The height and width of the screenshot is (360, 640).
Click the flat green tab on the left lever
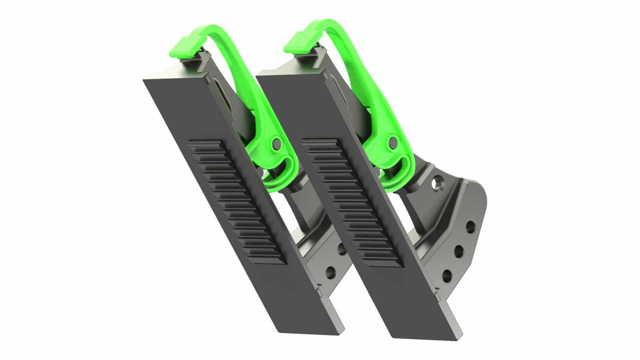click(x=184, y=47)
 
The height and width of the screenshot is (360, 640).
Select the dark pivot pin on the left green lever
click(x=277, y=142)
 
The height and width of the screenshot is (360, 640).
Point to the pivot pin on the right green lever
click(x=393, y=142)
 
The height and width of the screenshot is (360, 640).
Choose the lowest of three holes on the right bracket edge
click(x=447, y=276)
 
